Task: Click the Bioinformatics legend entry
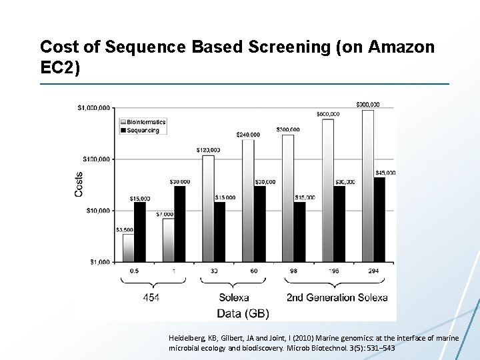coord(142,122)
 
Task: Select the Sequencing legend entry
coord(139,130)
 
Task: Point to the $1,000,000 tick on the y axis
coord(93,107)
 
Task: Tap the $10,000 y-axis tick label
coord(97,211)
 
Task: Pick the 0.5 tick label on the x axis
coord(134,271)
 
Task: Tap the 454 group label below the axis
coord(151,297)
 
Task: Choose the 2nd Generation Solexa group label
coord(337,297)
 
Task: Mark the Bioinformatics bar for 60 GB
coord(248,201)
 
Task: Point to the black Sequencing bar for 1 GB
coord(179,223)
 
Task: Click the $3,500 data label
coord(125,229)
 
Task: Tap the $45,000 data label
coord(385,173)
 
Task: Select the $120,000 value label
coord(208,150)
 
